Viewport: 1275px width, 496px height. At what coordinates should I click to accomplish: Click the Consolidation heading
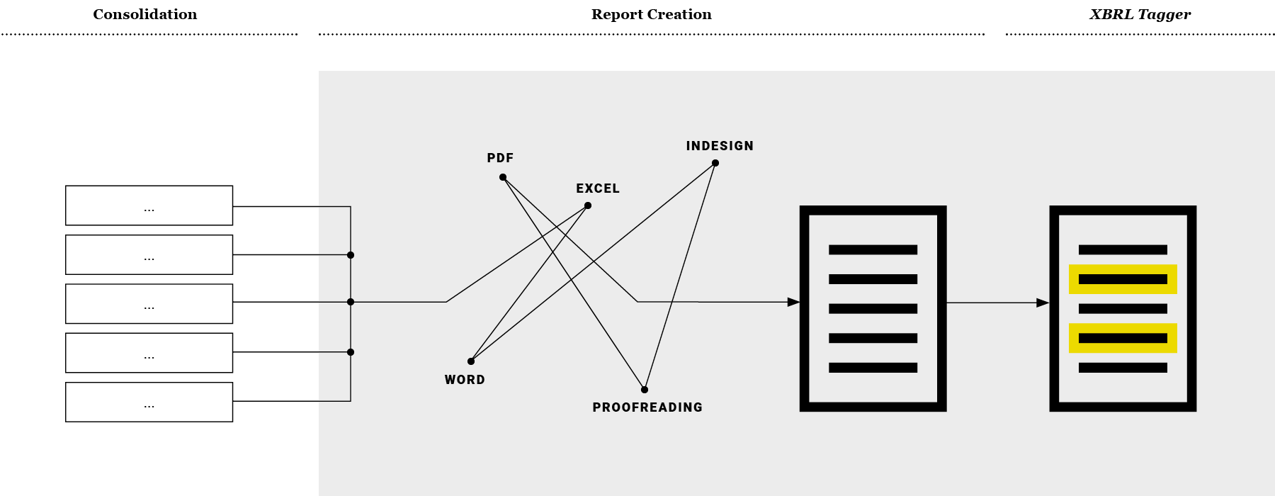145,14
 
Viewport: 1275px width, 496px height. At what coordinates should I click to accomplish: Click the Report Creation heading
652,14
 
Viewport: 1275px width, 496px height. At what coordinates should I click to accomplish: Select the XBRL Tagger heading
1140,15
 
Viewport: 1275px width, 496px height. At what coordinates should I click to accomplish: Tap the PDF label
500,158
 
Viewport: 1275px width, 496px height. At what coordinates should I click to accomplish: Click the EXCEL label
598,188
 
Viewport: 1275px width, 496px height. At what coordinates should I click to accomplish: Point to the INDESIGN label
720,146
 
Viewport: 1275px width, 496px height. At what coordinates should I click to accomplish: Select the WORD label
465,380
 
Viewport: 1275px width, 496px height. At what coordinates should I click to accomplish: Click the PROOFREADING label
647,407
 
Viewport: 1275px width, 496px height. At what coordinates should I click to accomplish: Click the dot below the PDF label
503,177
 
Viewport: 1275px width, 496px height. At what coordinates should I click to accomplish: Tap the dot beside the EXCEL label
588,205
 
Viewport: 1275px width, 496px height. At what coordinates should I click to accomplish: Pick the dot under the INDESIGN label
715,163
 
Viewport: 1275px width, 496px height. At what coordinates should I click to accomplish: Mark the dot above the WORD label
471,361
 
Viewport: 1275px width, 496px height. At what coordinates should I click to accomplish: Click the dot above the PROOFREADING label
645,390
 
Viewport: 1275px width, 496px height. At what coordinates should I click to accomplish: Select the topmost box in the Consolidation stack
149,205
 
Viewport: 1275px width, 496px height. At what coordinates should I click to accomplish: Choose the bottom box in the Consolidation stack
149,402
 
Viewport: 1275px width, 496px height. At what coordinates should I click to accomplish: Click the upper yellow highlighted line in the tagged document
1123,279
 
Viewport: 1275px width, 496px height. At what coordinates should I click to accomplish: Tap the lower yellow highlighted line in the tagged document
1123,338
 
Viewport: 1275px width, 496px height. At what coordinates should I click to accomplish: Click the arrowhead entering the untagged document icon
794,302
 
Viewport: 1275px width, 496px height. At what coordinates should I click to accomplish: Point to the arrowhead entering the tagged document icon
1043,303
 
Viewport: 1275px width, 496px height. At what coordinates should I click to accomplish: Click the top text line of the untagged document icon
873,249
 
